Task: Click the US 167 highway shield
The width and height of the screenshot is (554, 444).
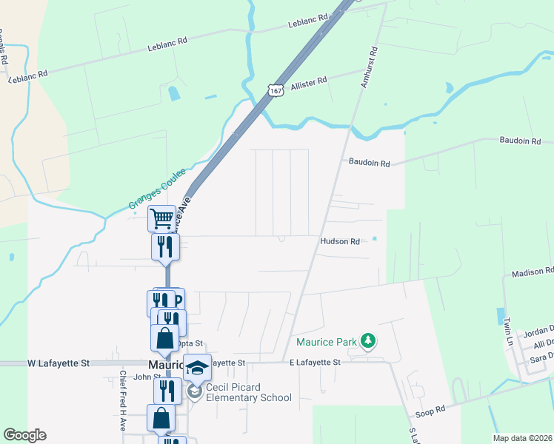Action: pos(276,90)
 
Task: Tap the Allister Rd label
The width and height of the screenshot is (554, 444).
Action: pos(309,84)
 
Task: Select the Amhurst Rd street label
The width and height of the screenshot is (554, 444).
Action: pos(368,67)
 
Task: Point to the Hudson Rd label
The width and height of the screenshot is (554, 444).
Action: pos(340,241)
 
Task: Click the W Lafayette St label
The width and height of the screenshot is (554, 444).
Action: pos(59,363)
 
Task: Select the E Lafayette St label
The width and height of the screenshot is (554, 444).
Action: pos(315,363)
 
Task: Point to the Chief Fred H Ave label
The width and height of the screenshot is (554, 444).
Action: pos(122,406)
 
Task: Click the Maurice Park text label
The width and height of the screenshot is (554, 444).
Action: pos(326,342)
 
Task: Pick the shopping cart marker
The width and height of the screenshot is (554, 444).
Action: pos(161,218)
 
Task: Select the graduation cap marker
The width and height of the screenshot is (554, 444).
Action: pos(197,366)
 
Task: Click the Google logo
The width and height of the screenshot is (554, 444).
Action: pos(25,435)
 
